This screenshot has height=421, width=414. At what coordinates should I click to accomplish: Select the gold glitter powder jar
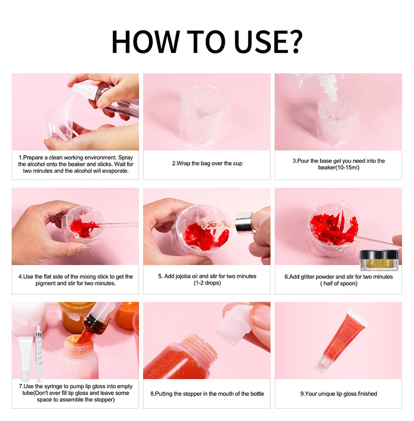[375, 261]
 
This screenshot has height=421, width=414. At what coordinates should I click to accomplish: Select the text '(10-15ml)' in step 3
[339, 167]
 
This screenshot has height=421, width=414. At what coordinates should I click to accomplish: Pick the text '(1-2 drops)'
[207, 283]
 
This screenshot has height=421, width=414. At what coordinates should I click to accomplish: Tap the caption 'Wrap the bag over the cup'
[207, 164]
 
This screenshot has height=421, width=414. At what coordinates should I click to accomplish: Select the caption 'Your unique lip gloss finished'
[339, 393]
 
